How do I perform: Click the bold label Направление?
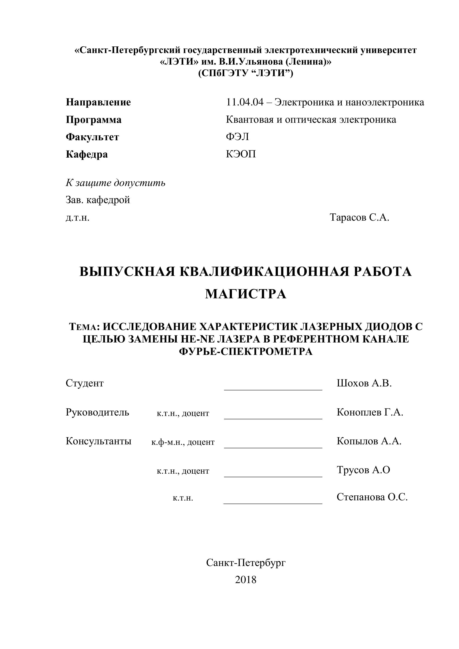click(98, 102)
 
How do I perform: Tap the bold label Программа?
click(93, 120)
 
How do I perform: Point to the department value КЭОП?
click(241, 154)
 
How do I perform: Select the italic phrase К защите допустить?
click(116, 183)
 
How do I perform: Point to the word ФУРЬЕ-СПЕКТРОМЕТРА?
click(246, 352)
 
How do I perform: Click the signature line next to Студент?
click(273, 390)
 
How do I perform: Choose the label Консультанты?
click(99, 441)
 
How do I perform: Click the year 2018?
click(245, 580)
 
